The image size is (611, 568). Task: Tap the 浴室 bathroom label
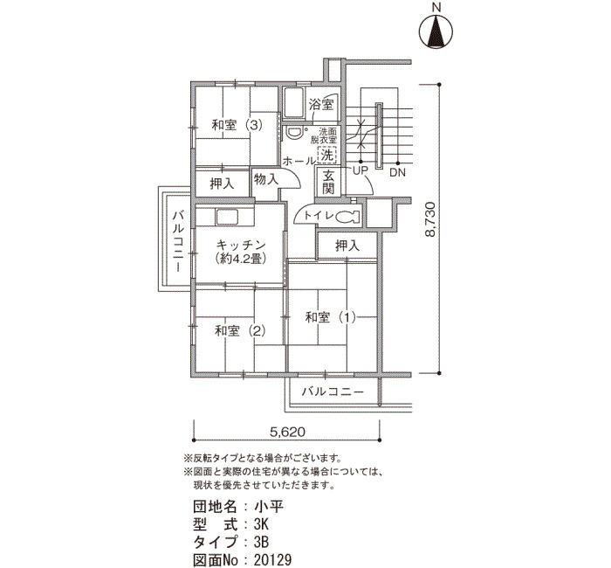(x=321, y=105)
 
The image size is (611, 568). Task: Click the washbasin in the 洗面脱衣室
(x=294, y=132)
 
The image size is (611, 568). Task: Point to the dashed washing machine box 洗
(x=327, y=155)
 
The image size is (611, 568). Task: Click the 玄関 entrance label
(x=328, y=183)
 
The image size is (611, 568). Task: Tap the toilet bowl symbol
(x=346, y=217)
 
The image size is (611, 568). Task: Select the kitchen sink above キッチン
(x=226, y=217)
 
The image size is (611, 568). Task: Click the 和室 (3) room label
(x=237, y=126)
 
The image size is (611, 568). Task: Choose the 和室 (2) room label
(x=240, y=331)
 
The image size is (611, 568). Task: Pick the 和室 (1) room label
(x=331, y=317)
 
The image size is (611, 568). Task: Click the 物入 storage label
(x=266, y=179)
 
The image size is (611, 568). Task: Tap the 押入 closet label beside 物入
(x=222, y=184)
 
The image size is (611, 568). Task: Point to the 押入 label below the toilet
(x=347, y=246)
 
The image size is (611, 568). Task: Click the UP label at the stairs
(x=360, y=170)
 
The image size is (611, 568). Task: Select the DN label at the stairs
(x=397, y=172)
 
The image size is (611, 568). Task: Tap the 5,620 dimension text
(x=287, y=432)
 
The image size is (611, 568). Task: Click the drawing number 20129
(x=272, y=560)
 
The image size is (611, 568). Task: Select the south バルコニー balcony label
(x=333, y=391)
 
